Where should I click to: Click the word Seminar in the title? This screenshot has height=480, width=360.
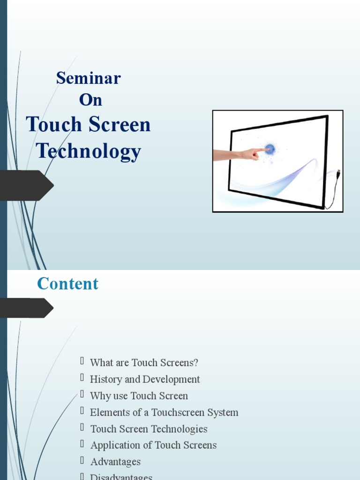(88, 78)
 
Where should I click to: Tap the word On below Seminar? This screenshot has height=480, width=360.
(90, 100)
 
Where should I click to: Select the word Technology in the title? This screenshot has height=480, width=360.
(89, 151)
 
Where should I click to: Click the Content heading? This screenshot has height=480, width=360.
(67, 284)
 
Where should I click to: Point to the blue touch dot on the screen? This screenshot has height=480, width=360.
(270, 149)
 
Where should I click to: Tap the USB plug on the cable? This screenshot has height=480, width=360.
(338, 173)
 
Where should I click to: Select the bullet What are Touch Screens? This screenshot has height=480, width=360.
(144, 363)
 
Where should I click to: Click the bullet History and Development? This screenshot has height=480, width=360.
(145, 379)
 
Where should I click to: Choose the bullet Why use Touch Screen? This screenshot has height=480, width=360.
(139, 396)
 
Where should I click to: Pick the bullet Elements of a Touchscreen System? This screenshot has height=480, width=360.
(164, 412)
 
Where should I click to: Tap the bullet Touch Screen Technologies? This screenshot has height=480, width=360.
(149, 429)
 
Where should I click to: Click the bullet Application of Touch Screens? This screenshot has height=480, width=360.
(153, 445)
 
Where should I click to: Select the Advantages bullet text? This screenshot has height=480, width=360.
(115, 462)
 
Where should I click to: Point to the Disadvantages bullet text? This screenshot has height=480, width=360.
(121, 477)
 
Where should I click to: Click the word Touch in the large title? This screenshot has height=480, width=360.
(54, 125)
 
